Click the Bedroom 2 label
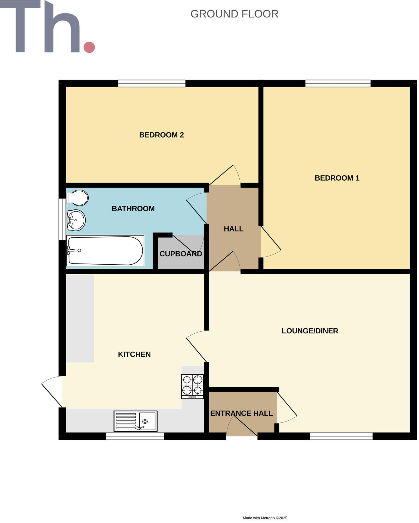(161, 135)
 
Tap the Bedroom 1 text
(337, 178)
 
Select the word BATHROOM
(133, 209)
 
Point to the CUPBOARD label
(181, 254)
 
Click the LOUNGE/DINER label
(310, 331)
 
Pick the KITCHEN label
(134, 354)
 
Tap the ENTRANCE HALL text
(242, 413)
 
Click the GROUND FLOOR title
(234, 14)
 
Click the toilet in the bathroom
(78, 198)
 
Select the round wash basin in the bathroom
(76, 220)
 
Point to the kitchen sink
(135, 421)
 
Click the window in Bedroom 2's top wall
(152, 83)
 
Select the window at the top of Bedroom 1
(338, 83)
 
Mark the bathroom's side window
(62, 219)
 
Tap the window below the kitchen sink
(135, 436)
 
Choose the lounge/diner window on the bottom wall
(341, 436)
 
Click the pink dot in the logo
(89, 47)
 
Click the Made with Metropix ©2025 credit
(265, 518)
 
